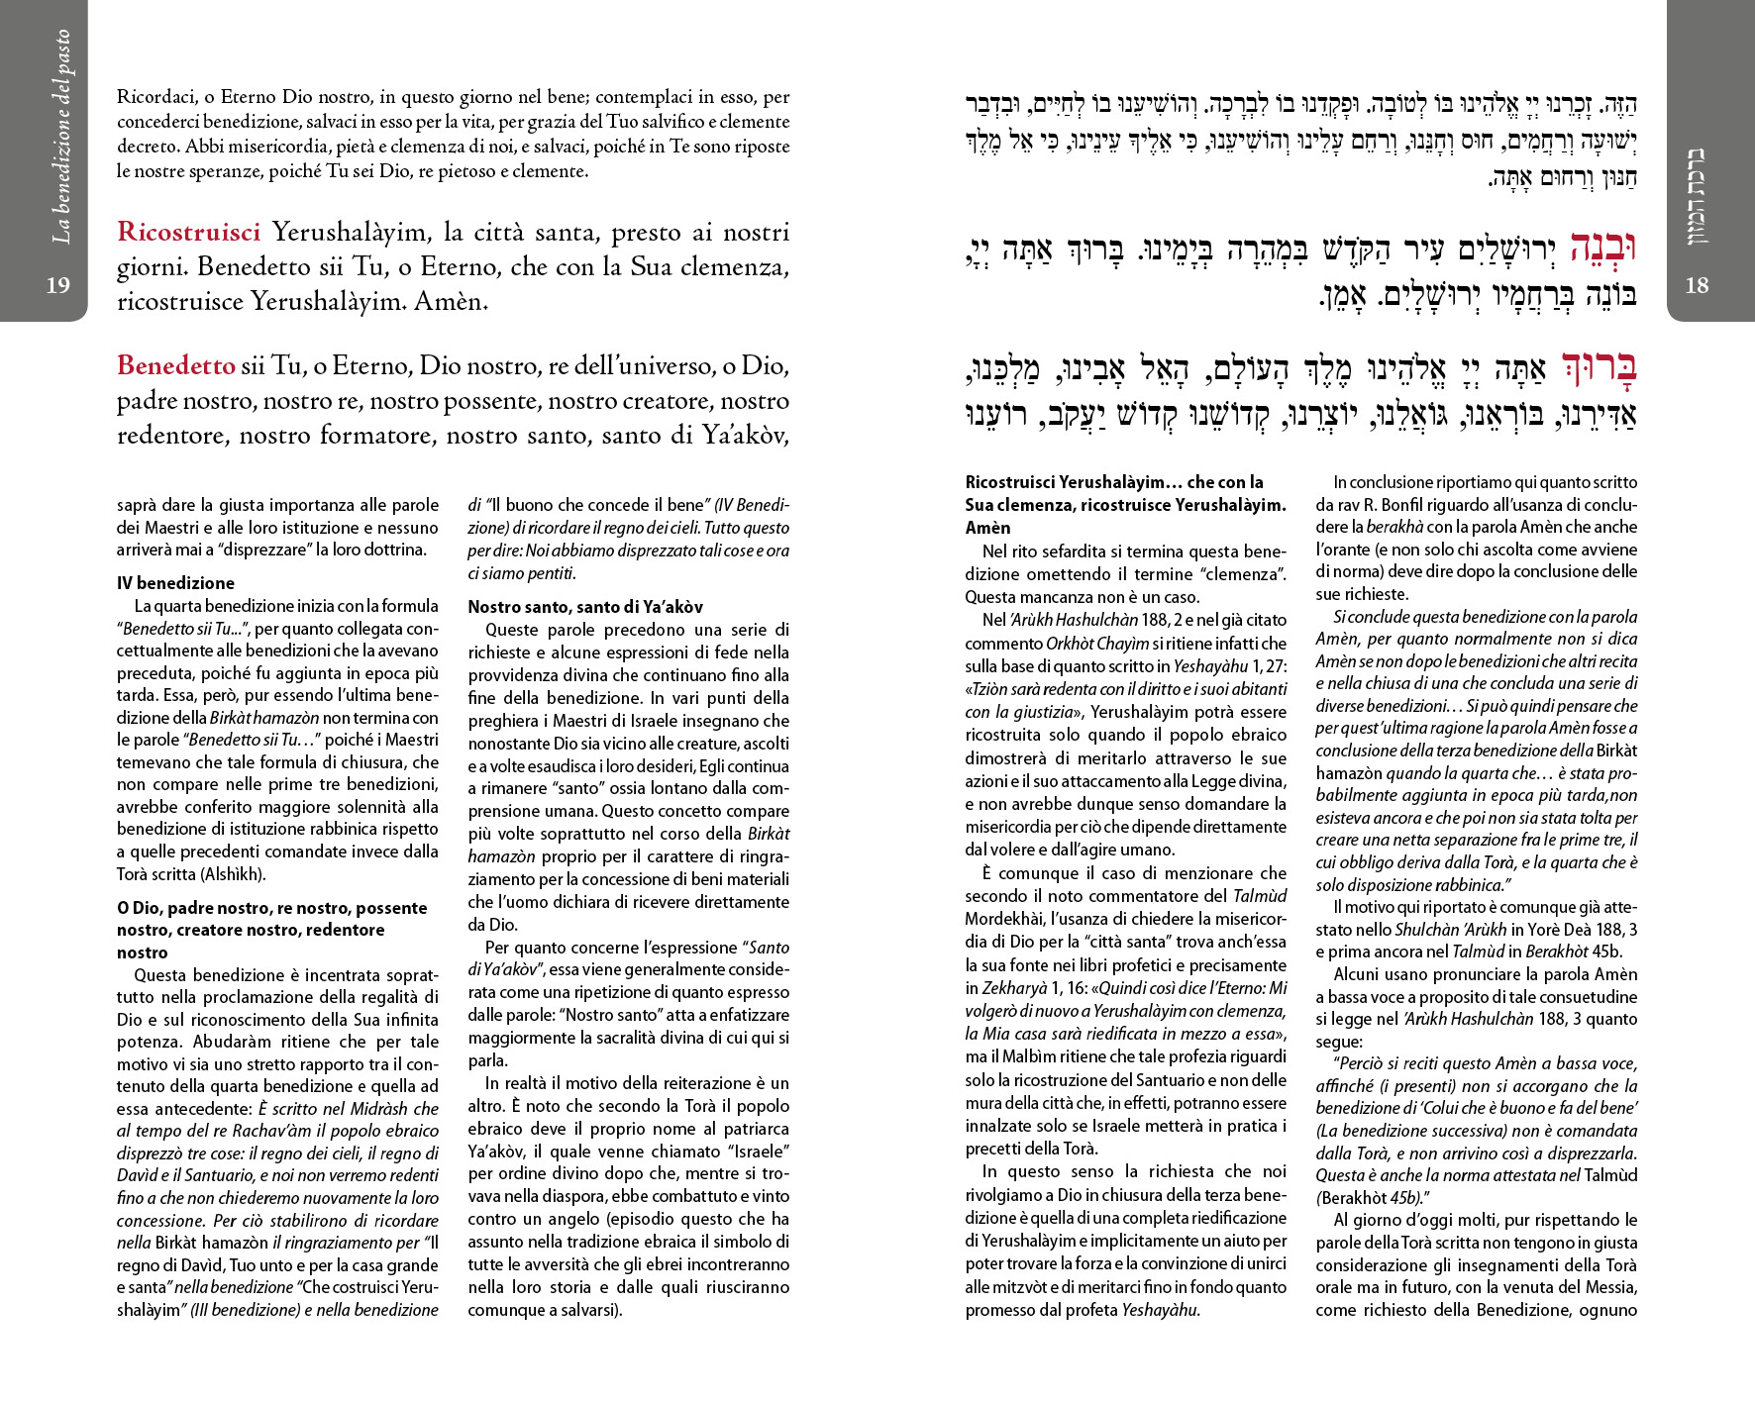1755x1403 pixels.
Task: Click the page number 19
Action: (x=58, y=285)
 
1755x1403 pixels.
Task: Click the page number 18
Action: (x=1697, y=285)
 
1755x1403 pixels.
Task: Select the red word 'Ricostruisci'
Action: (x=188, y=233)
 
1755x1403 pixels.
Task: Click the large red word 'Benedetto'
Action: (x=175, y=366)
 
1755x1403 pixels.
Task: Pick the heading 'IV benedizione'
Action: (x=175, y=583)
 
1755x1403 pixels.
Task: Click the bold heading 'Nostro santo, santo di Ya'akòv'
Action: (x=585, y=607)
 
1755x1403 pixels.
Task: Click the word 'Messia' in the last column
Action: (x=1610, y=1287)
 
